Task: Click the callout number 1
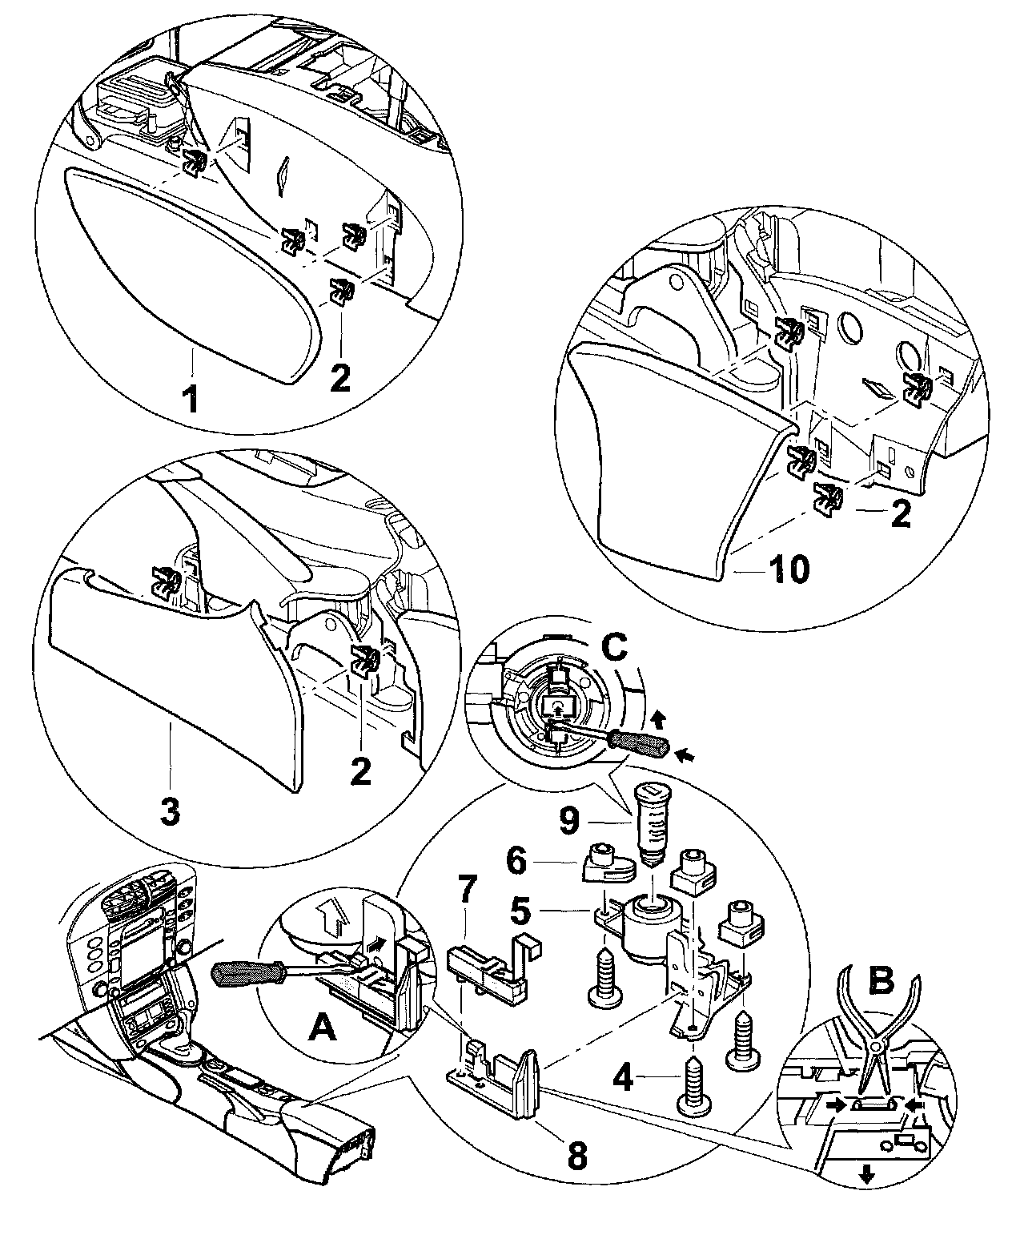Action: click(x=190, y=398)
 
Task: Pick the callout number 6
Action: click(x=517, y=863)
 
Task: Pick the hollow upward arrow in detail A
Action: click(x=332, y=914)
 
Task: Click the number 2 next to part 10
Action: click(x=901, y=516)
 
